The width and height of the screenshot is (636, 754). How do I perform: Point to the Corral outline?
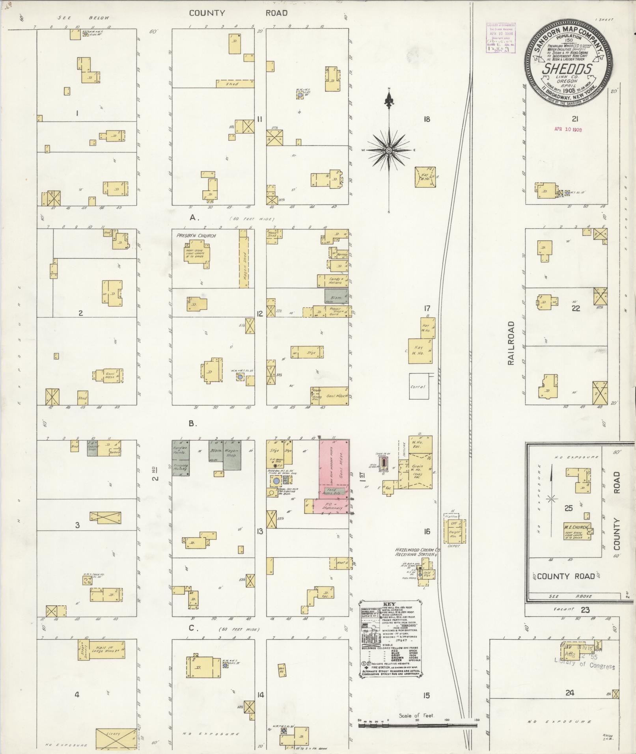(x=418, y=386)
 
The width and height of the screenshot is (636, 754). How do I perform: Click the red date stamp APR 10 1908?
(x=568, y=129)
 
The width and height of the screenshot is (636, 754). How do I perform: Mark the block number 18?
(x=426, y=119)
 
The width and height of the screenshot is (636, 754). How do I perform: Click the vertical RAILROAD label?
(x=511, y=343)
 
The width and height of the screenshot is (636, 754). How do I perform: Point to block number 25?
(x=568, y=508)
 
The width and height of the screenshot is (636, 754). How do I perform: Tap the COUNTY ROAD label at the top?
(x=238, y=13)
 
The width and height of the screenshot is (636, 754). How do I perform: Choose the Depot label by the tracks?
(x=452, y=545)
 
